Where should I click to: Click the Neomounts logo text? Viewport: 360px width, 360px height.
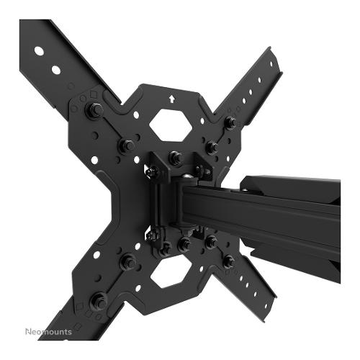coord(48,332)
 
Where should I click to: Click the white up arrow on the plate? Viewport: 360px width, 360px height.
coord(171,99)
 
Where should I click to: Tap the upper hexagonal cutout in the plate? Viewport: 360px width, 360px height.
coord(171,125)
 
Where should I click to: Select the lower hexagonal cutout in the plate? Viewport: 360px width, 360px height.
coord(171,271)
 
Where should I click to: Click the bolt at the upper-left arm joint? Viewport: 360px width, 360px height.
coord(94,109)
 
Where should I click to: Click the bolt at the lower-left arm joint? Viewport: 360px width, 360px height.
coord(99,301)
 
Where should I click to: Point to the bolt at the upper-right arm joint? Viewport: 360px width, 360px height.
coord(230,122)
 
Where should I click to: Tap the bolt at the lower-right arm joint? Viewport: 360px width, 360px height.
coord(228,261)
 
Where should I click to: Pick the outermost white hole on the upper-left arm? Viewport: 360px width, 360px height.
coord(39,51)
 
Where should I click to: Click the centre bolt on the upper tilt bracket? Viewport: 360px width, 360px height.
coord(175,158)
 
